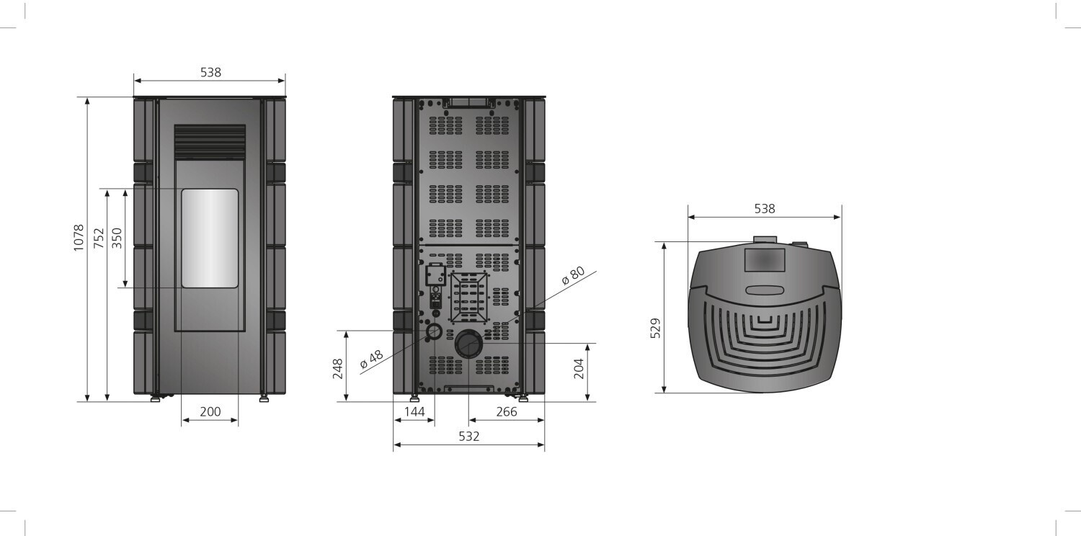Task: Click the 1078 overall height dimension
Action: (78, 237)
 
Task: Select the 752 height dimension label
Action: (99, 238)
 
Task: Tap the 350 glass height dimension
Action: (117, 238)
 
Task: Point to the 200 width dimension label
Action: (210, 411)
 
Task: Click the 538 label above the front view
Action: (210, 72)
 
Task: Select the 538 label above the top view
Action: (765, 208)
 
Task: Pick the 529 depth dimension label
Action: (655, 328)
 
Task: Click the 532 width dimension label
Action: (468, 436)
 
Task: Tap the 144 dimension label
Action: (414, 411)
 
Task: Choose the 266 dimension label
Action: (506, 411)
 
